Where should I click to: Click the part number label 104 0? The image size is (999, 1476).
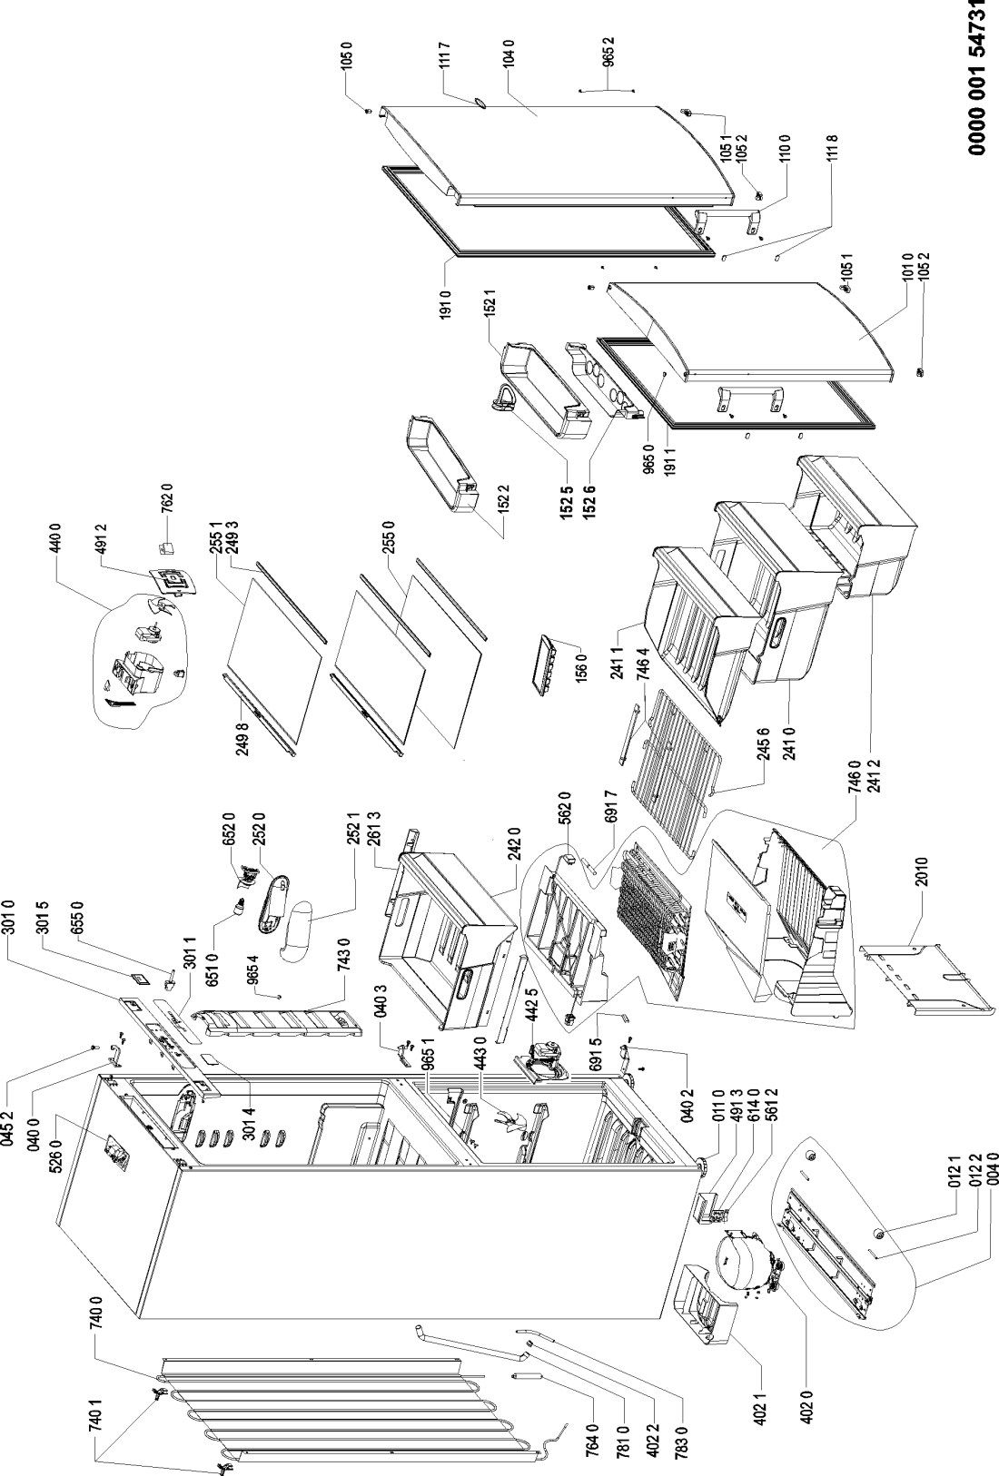[x=508, y=53]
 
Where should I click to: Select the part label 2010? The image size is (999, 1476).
[x=921, y=871]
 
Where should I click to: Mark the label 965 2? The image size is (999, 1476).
[x=609, y=52]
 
